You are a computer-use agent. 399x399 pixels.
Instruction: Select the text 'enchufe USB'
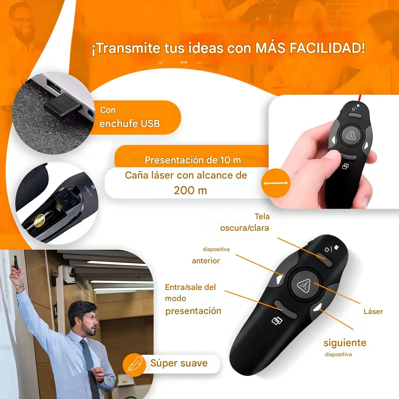pos(130,124)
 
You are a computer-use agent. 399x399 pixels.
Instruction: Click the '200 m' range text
pos(190,190)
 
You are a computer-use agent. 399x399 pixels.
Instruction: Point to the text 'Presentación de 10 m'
pos(193,160)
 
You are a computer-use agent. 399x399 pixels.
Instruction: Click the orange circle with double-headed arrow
pos(276,183)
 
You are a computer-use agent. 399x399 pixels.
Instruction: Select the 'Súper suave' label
pos(179,363)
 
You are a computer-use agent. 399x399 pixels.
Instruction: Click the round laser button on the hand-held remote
pos(351,136)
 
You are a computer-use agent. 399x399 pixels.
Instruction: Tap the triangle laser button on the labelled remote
pos(304,286)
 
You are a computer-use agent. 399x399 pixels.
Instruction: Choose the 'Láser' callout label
pos(373,312)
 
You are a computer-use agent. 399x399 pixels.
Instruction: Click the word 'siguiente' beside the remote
pos(345,343)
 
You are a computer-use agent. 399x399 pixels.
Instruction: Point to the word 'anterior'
pos(206,261)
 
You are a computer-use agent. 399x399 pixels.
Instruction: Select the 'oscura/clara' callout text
pos(244,228)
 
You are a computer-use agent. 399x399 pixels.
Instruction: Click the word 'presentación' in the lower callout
pos(193,311)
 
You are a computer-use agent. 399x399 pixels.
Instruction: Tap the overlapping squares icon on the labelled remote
pos(277,321)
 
